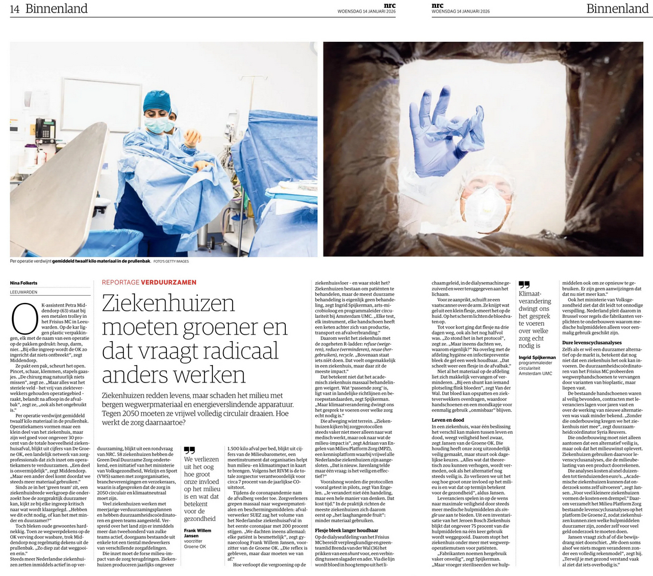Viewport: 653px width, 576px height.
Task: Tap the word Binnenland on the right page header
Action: point(617,8)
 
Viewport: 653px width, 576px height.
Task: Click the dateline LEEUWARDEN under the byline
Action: point(24,292)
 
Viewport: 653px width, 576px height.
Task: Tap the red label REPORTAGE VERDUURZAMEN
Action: point(149,282)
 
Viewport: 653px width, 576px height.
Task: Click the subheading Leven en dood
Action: point(448,420)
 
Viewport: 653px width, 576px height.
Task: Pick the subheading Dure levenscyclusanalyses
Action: point(590,342)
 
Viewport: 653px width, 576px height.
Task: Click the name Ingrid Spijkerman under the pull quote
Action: point(537,357)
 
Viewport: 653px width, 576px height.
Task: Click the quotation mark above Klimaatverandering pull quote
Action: point(524,285)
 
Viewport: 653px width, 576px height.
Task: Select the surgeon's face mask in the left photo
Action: point(157,125)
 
